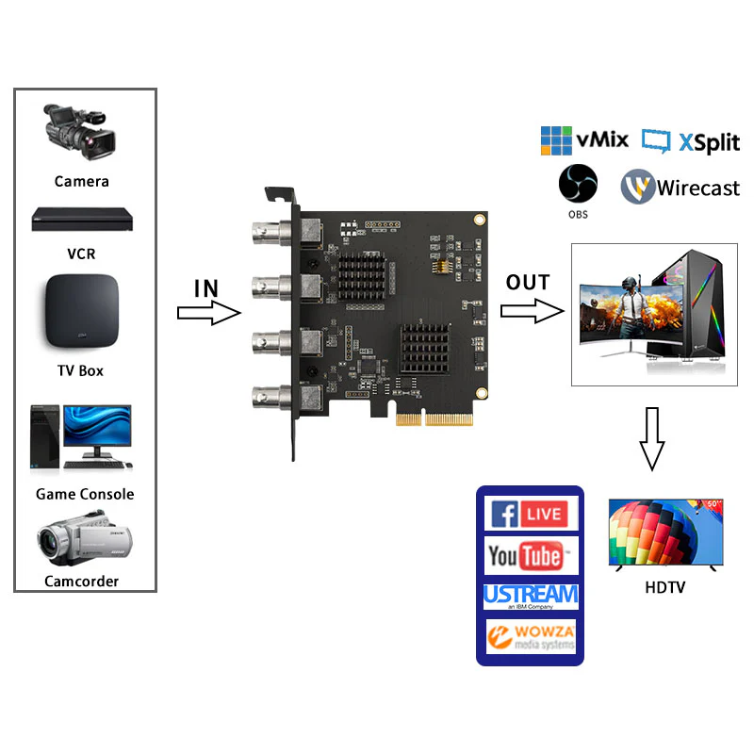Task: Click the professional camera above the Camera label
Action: tap(79, 132)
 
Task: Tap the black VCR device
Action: tap(81, 219)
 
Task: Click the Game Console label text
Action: tap(85, 494)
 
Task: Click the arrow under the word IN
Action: tap(208, 314)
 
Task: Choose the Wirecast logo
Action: tap(680, 188)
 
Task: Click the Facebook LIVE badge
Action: tap(529, 514)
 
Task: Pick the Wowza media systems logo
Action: tap(530, 636)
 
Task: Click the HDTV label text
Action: tap(665, 588)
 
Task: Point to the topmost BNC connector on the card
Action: tap(273, 230)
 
